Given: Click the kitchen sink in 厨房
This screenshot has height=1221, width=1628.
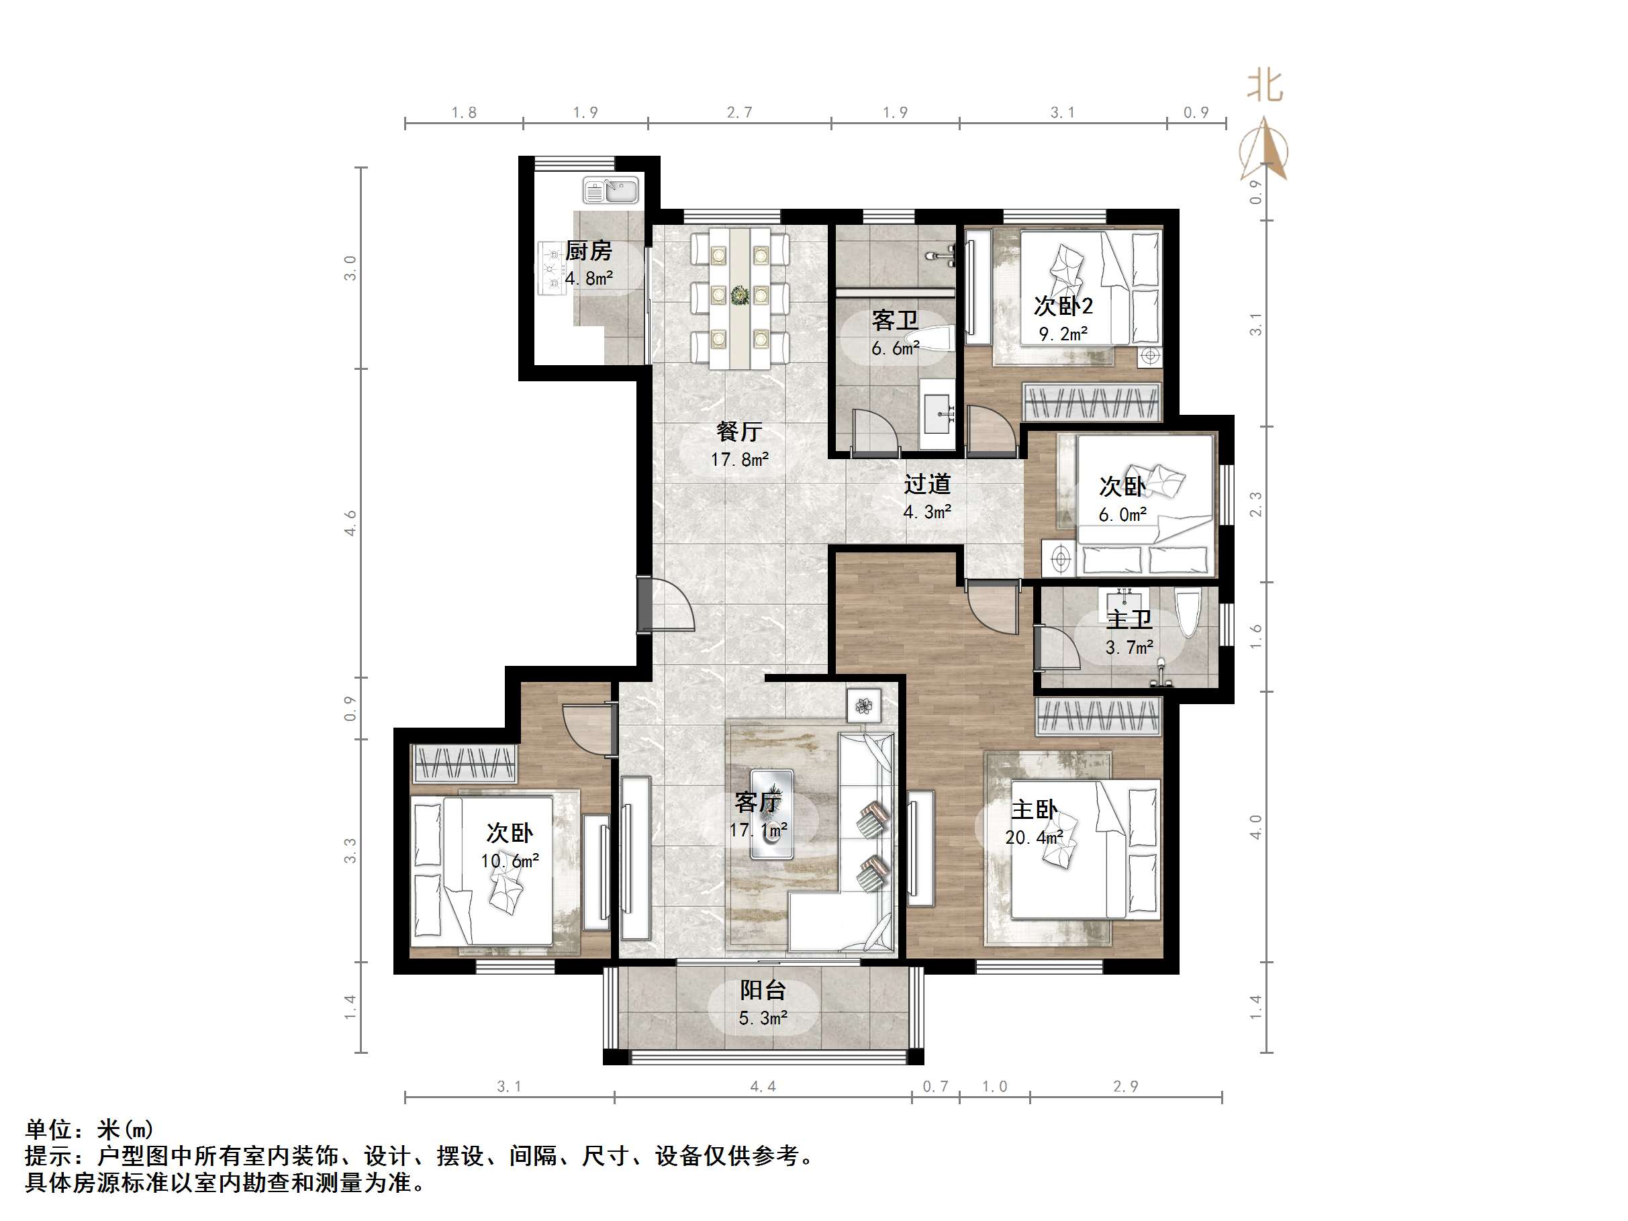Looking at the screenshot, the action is click(612, 191).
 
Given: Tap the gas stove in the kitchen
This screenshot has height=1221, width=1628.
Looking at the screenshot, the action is click(551, 268).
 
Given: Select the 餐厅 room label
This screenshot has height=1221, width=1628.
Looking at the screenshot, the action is click(739, 432).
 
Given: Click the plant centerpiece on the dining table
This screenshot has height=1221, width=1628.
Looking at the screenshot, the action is click(739, 295).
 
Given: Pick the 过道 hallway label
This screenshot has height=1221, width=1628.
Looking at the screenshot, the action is click(927, 483).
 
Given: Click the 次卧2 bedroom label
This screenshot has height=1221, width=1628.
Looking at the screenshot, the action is click(1063, 305).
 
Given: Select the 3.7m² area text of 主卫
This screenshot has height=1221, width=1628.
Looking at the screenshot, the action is click(1129, 648).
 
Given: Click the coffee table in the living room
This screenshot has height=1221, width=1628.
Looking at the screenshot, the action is click(771, 814).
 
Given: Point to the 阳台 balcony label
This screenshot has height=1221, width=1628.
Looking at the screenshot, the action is click(763, 990).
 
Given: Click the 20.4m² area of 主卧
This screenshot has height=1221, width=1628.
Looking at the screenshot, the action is click(1034, 838).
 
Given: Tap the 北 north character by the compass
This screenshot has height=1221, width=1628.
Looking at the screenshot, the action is click(1264, 86).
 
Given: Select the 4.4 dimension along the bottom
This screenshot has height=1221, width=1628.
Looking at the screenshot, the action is click(763, 1086).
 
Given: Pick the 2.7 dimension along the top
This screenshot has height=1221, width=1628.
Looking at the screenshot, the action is click(740, 113).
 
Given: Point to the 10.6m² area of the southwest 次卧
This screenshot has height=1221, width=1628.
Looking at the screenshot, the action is click(510, 861).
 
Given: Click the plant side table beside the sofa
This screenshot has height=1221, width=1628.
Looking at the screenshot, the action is click(863, 707).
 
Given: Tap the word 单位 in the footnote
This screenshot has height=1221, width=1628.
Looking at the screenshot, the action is click(48, 1129).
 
